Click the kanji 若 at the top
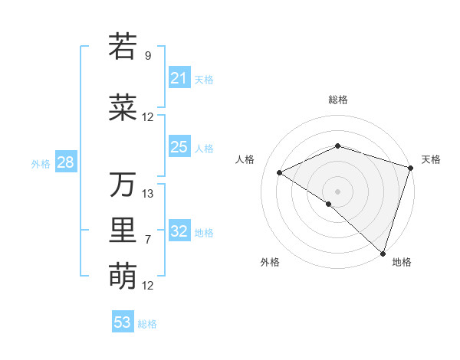click(123, 47)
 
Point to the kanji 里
click(123, 231)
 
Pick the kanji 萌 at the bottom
click(123, 276)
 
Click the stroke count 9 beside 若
click(148, 56)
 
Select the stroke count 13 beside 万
click(148, 194)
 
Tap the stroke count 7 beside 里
click(148, 240)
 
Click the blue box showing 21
click(179, 78)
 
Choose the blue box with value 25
click(179, 147)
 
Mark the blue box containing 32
click(179, 232)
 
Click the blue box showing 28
click(65, 162)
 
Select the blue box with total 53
click(123, 322)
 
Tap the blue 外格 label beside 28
click(41, 163)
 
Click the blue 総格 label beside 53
click(147, 323)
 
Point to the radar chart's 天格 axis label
click(431, 159)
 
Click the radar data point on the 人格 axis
click(280, 172)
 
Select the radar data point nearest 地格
click(383, 253)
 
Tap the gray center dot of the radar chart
click(337, 191)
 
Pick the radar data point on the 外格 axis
click(329, 204)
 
